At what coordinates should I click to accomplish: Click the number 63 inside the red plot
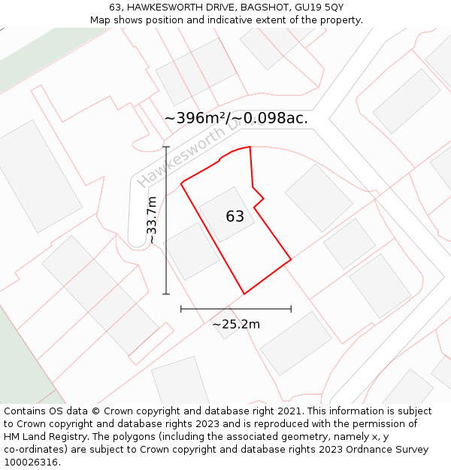pos(235,217)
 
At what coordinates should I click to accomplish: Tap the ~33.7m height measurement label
pos(152,220)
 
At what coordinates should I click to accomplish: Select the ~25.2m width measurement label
pos(236,324)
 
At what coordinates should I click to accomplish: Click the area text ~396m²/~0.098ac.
pos(236,118)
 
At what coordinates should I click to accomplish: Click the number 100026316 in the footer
pos(32,462)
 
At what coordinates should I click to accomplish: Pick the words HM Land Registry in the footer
pos(41,436)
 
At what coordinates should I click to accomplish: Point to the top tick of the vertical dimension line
pos(166,147)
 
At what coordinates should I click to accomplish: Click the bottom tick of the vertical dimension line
pos(166,293)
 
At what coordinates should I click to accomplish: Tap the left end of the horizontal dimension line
pos(181,308)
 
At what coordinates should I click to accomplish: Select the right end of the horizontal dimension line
pos(291,308)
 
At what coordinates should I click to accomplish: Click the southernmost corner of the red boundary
pos(244,293)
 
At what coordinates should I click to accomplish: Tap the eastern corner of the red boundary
pos(291,261)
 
